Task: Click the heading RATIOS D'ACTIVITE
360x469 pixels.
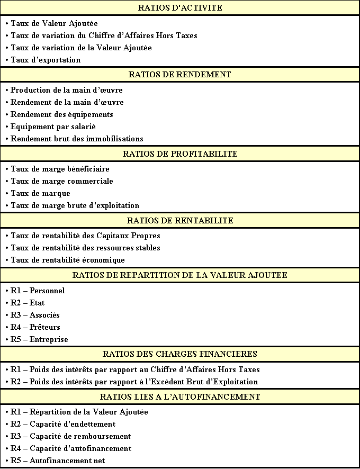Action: tap(180, 8)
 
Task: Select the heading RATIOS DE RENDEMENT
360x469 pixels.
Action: tap(180, 75)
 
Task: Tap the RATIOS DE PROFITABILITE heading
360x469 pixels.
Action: tap(180, 154)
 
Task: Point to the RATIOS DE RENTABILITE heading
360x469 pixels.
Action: tap(180, 221)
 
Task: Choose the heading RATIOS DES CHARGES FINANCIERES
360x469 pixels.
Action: tap(180, 354)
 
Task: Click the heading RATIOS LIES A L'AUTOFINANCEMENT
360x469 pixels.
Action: tap(180, 397)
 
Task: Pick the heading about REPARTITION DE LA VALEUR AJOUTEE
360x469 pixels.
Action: tap(180, 275)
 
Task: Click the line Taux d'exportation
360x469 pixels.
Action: tap(46, 60)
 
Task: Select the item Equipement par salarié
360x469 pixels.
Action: tap(53, 127)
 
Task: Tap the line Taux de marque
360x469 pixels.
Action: tap(40, 193)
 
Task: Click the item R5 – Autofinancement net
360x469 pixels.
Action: tap(58, 461)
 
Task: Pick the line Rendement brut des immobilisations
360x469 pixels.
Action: tap(77, 139)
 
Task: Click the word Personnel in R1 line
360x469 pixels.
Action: tap(47, 291)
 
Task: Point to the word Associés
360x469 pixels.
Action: tap(44, 315)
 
